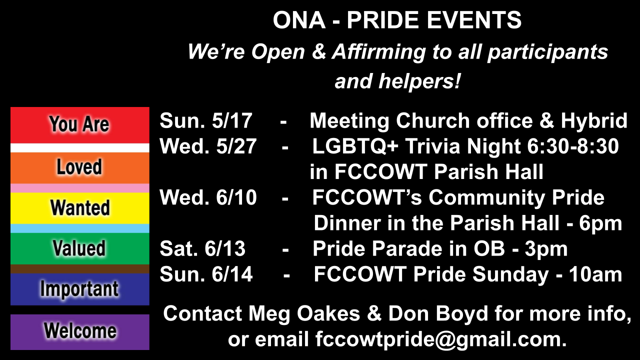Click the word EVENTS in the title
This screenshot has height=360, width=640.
[x=474, y=20]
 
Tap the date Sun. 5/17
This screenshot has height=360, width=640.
[x=205, y=120]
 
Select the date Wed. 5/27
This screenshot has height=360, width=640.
[x=208, y=146]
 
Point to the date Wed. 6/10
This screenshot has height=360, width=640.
[x=208, y=197]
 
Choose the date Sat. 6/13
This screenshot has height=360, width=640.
[x=202, y=248]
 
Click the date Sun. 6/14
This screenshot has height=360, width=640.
[x=206, y=274]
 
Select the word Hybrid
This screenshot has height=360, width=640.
[x=594, y=121]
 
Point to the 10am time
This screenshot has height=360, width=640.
[x=595, y=274]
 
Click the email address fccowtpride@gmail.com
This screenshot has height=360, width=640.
[x=441, y=339]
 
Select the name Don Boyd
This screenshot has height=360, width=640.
[x=438, y=313]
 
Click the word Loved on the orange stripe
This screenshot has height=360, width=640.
[x=79, y=167]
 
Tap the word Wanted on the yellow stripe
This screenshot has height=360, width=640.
[x=80, y=207]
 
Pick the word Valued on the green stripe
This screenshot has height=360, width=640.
[x=79, y=248]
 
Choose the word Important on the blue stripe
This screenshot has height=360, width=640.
[x=79, y=289]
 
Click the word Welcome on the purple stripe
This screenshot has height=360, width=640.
[x=80, y=331]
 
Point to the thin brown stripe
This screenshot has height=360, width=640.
[x=80, y=269]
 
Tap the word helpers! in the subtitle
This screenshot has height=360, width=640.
[x=397, y=81]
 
